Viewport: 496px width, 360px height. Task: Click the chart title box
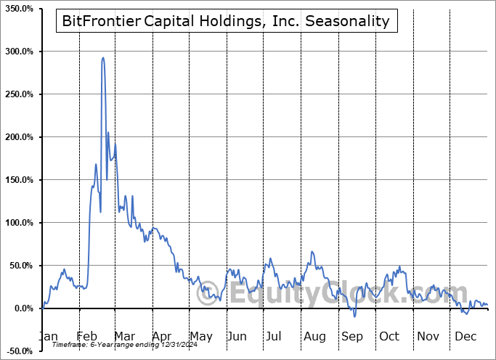click(x=226, y=21)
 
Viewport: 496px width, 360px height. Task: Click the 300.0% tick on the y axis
click(x=20, y=52)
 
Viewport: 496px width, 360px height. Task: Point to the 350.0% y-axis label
click(x=20, y=9)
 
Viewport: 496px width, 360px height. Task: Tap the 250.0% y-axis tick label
click(x=20, y=94)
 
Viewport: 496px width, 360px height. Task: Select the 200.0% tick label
click(x=20, y=137)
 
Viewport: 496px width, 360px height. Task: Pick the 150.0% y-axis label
click(x=20, y=180)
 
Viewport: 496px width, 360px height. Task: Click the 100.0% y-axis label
click(x=20, y=223)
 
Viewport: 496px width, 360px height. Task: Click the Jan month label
click(x=47, y=337)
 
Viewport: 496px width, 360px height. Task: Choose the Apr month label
click(x=161, y=337)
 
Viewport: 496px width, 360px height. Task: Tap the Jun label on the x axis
click(x=236, y=337)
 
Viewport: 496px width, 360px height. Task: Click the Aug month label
click(x=315, y=337)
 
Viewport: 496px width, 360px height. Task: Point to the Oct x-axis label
click(x=389, y=337)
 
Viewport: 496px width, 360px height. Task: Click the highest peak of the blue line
click(x=102, y=58)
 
